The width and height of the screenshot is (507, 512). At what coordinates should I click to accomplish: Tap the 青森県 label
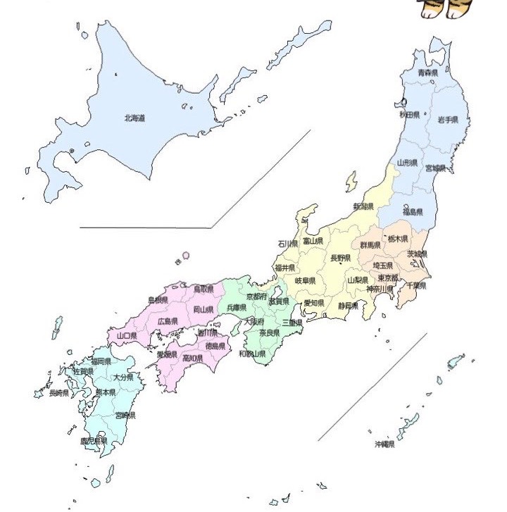point(427,72)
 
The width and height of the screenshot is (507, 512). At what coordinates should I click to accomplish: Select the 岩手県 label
point(447,120)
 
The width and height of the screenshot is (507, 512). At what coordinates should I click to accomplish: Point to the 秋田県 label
point(410,114)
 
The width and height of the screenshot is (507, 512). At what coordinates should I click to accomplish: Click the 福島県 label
point(413,212)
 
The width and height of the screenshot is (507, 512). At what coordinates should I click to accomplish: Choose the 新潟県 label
point(363,207)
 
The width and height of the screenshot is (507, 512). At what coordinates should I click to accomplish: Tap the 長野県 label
point(341,258)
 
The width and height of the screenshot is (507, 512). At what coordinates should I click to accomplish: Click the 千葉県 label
point(416,286)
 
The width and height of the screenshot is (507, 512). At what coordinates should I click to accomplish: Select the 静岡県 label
point(348,306)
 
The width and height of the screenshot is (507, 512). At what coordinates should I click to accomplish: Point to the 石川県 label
point(287,244)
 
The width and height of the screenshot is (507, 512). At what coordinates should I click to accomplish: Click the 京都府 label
point(256,297)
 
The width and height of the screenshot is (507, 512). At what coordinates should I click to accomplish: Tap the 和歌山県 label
point(252,354)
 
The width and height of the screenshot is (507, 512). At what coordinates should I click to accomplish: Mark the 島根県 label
point(158,300)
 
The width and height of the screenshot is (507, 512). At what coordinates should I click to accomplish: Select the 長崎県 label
point(58,393)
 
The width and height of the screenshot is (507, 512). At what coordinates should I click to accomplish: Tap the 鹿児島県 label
point(93,441)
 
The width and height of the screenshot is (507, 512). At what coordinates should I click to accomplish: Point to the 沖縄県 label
point(384,444)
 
